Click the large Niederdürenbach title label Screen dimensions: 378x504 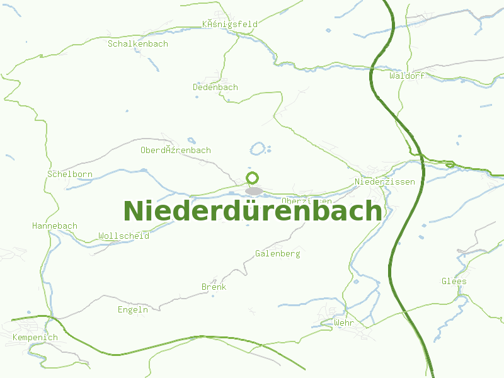[x=252, y=211]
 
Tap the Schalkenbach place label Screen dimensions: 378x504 [x=138, y=44]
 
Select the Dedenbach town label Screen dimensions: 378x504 [x=215, y=87]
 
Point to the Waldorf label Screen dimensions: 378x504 [x=407, y=76]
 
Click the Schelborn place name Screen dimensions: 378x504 [x=70, y=174]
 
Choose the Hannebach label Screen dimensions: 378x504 [x=55, y=226]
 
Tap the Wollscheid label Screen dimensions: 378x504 [x=123, y=236]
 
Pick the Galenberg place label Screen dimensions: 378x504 [x=277, y=254]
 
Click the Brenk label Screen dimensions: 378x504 [x=214, y=287]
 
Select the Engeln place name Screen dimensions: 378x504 [x=133, y=309]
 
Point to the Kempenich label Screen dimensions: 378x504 [x=35, y=338]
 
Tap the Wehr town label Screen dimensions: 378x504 [x=344, y=323]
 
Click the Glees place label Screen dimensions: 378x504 [x=454, y=281]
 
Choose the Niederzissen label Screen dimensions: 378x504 [x=385, y=181]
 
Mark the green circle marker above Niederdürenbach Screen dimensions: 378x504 [x=253, y=178]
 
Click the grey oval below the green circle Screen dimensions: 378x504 [x=254, y=190]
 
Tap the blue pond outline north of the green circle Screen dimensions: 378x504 [x=258, y=149]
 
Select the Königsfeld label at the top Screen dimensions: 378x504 [x=230, y=25]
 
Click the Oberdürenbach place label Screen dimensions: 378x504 [x=176, y=151]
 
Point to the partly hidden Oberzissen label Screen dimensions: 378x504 [x=307, y=200]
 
